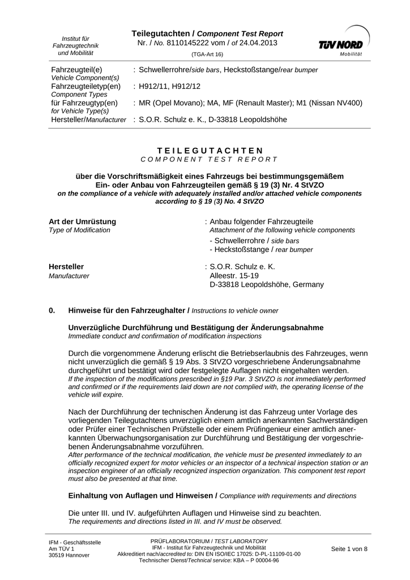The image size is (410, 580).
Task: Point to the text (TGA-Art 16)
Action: point(207,54)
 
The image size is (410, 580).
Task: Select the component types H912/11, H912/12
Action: point(170,86)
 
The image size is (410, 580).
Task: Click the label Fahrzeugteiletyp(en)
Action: point(86,86)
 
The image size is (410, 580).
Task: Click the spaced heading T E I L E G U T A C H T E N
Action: point(210,150)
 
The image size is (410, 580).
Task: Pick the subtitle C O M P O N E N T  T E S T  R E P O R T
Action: point(210,160)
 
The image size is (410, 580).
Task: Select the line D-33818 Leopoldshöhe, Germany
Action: point(267,284)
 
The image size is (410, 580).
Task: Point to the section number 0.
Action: point(53,310)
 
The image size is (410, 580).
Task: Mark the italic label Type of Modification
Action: point(80,230)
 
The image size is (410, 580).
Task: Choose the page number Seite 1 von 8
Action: point(349,549)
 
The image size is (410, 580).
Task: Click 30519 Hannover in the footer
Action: point(69,555)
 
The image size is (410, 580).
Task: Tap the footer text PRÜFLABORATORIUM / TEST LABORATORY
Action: point(209,541)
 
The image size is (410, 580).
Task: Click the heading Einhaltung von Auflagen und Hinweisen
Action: point(142,496)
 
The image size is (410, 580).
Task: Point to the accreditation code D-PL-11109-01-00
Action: point(270,554)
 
